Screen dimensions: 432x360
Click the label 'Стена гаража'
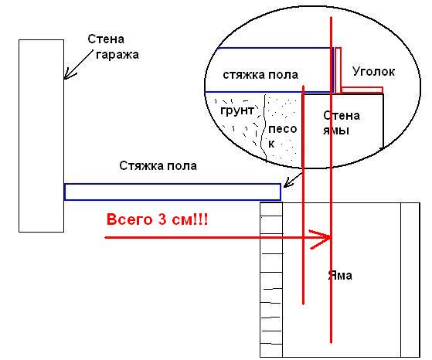pyautogui.click(x=114, y=47)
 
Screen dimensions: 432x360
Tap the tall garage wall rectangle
pyautogui.click(x=41, y=136)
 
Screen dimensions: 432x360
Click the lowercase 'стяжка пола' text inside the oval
pyautogui.click(x=260, y=75)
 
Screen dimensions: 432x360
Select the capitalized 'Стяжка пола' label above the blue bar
pyautogui.click(x=158, y=166)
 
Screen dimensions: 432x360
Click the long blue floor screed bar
pyautogui.click(x=172, y=192)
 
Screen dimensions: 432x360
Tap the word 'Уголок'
pyautogui.click(x=373, y=72)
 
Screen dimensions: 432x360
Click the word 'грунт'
pyautogui.click(x=237, y=110)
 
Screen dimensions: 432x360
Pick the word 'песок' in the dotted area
pyautogui.click(x=282, y=136)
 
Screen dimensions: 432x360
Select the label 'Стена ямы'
pyautogui.click(x=342, y=123)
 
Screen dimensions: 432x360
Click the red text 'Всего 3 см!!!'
pyautogui.click(x=157, y=220)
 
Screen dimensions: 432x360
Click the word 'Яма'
pyautogui.click(x=340, y=276)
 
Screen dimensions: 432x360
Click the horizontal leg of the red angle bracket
pyautogui.click(x=362, y=90)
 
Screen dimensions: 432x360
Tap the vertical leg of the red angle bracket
pyautogui.click(x=338, y=70)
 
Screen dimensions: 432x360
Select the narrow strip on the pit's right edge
pyautogui.click(x=410, y=280)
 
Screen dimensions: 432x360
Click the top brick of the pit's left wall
pyautogui.click(x=271, y=209)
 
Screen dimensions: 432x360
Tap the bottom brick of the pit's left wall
pyautogui.click(x=271, y=351)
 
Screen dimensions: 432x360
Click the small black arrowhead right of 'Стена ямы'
pyautogui.click(x=382, y=149)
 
